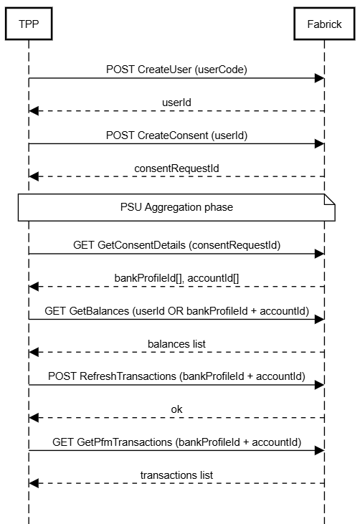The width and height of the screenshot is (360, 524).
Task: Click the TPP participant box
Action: [x=29, y=24]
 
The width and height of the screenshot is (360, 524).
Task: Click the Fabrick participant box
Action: [x=324, y=24]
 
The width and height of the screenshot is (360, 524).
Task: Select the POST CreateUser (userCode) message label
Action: [x=176, y=70]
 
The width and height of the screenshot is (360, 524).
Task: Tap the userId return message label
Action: [x=176, y=103]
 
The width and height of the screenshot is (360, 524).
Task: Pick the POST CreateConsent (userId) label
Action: [x=176, y=135]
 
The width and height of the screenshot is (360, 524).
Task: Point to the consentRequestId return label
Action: [x=176, y=168]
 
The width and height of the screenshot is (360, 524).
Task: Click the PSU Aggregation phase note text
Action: [x=176, y=207]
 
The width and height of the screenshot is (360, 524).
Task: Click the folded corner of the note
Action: [x=330, y=199]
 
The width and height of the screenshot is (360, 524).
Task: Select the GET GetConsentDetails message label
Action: [x=176, y=245]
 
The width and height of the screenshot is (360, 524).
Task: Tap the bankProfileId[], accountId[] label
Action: [x=176, y=278]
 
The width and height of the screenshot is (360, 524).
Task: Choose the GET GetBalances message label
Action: [x=176, y=311]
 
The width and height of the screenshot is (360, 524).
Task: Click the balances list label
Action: [x=176, y=344]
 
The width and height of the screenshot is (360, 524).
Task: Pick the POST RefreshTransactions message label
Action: [x=176, y=376]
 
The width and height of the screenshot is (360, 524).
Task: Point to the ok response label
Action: [x=176, y=409]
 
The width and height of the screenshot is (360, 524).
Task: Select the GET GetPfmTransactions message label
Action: [x=176, y=442]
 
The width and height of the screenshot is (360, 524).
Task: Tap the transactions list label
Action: [x=176, y=475]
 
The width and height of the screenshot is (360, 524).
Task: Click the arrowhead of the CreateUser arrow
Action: [x=319, y=78]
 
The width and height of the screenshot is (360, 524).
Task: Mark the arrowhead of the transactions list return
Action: [x=34, y=483]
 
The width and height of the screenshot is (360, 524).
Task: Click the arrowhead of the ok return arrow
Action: [x=34, y=418]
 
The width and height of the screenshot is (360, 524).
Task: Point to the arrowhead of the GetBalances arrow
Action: [x=319, y=319]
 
